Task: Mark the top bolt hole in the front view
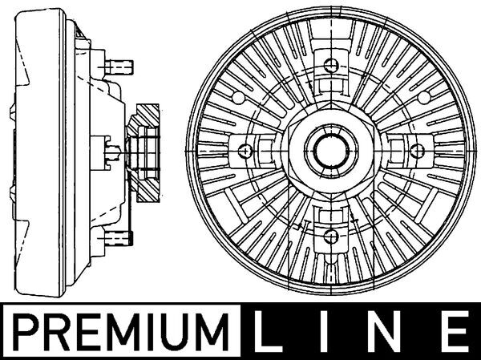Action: click(x=329, y=67)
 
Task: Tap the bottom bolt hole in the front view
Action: click(x=329, y=233)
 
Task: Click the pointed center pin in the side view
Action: click(x=116, y=149)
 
